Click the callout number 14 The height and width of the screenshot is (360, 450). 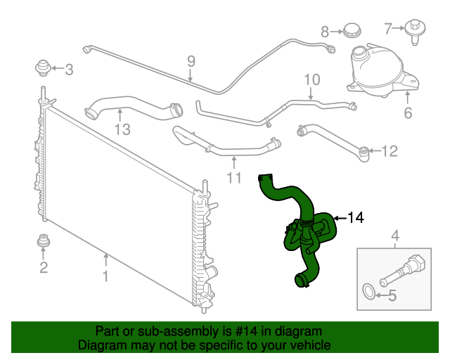tap(356, 218)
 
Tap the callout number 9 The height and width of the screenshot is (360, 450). tap(191, 62)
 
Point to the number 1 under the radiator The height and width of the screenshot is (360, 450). tap(105, 276)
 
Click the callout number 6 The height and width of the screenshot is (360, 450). tap(408, 113)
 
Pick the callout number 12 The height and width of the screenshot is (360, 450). tap(389, 150)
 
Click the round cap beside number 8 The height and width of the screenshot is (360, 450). tap(351, 30)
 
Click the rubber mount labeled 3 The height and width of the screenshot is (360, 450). tap(44, 68)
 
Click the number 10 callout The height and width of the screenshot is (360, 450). tap(311, 79)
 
